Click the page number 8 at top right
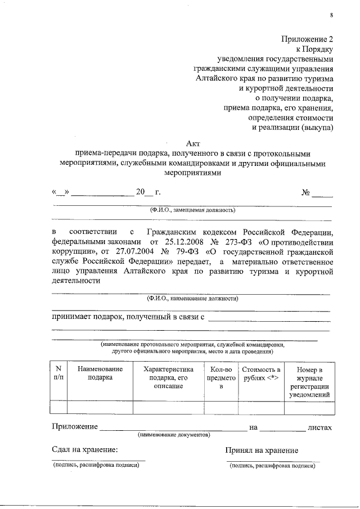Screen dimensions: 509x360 coord(331,15)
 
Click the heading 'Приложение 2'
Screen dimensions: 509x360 coord(307,39)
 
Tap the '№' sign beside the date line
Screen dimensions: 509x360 coord(307,192)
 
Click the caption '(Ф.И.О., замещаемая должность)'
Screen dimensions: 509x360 coord(192,209)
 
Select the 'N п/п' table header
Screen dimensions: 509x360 coord(58,373)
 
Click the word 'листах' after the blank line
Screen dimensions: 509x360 coord(319,428)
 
